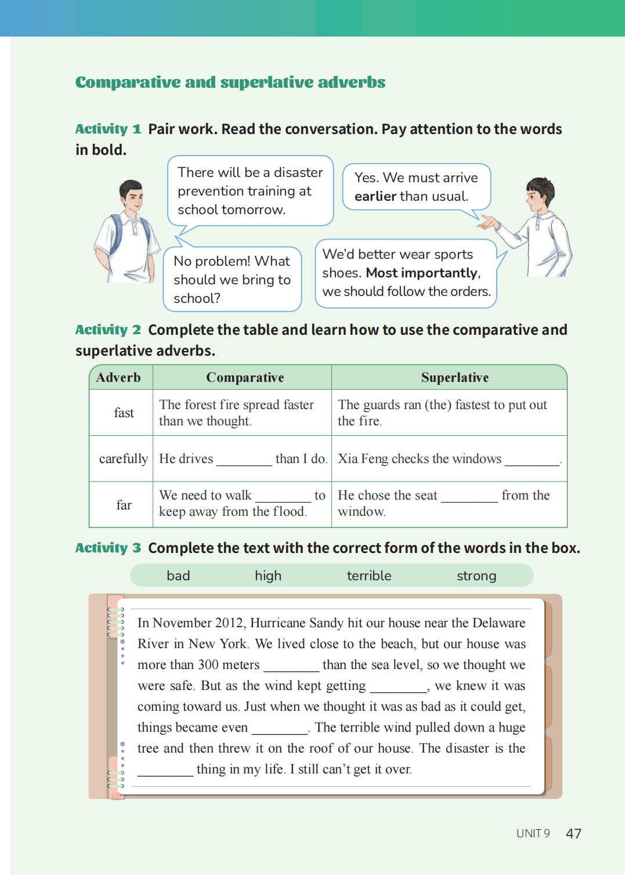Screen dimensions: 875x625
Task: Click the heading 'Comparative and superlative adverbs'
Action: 230,82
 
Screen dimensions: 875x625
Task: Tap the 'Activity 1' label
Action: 108,129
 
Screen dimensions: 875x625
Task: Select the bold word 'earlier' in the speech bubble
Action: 375,196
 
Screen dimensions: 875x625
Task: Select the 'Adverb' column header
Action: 118,378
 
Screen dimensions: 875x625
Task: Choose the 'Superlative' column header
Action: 454,378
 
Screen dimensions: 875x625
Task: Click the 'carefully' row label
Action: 123,459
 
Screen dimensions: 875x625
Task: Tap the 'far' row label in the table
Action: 124,505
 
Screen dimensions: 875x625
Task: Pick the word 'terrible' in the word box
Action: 369,576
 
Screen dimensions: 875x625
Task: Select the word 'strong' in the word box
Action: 476,576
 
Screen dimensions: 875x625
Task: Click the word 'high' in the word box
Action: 268,576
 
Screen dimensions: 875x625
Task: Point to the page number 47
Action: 573,834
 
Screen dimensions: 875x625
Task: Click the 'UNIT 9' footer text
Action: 533,834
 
